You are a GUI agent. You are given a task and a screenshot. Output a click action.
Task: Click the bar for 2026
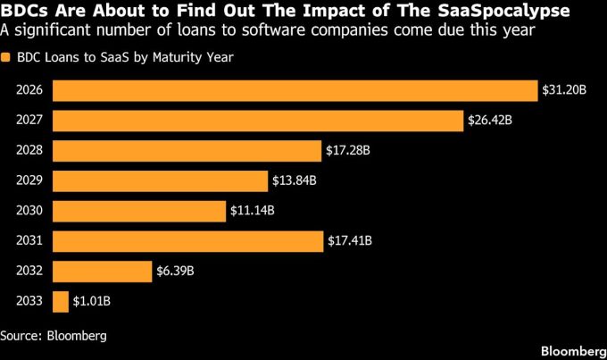point(295,90)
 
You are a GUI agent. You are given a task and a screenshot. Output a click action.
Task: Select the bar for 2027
point(258,121)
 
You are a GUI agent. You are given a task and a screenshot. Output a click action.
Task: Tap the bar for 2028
point(187,150)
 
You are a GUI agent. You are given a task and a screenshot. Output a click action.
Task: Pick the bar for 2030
point(138,211)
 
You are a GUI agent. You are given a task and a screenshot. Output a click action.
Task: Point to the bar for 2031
point(187,241)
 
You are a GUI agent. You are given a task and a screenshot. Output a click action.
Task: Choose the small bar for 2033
point(61,302)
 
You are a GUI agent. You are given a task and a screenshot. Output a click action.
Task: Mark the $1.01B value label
point(93,302)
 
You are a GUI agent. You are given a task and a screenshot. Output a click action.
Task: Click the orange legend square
point(7,59)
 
